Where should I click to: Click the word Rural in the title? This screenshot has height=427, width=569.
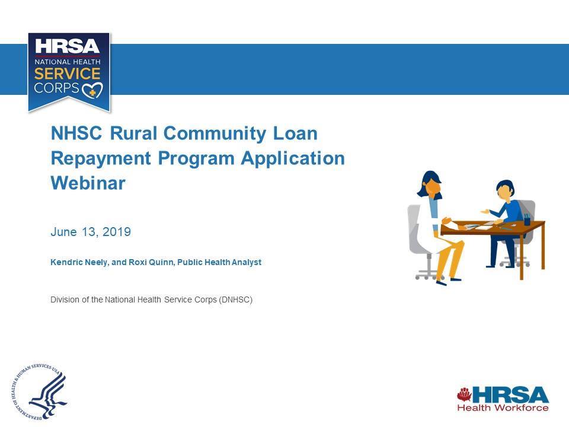[x=133, y=133]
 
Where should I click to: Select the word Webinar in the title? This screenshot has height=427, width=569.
[x=88, y=183]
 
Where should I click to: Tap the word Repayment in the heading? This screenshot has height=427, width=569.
[x=101, y=159]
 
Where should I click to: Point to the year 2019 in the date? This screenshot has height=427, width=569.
[x=117, y=232]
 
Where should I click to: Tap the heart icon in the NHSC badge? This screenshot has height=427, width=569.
[x=92, y=90]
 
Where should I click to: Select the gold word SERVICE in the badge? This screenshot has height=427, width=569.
[x=68, y=74]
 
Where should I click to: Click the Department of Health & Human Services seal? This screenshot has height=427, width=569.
[x=39, y=391]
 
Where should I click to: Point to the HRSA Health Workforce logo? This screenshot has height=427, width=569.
[x=503, y=399]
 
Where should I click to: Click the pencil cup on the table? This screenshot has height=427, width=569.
[x=526, y=219]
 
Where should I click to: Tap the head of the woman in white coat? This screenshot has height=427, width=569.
[x=431, y=184]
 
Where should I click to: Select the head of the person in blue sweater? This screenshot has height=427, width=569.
[x=506, y=190]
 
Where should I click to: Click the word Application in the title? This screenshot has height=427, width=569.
[x=293, y=159]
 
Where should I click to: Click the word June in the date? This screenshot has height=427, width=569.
[x=64, y=232]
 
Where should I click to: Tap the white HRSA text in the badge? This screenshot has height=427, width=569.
[x=68, y=46]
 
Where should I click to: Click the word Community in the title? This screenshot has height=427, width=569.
[x=215, y=133]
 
